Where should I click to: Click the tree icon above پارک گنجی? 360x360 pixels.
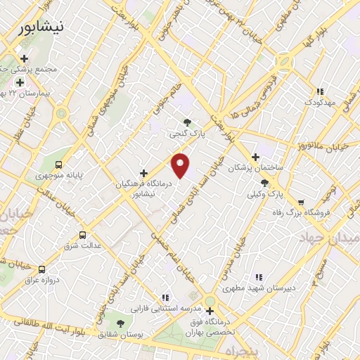point(187,122)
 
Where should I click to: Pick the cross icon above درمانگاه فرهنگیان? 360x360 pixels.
point(143,172)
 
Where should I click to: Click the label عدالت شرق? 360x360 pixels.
point(83,245)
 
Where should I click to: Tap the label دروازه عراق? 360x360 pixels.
point(40,280)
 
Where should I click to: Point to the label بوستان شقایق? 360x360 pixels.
point(121,335)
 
